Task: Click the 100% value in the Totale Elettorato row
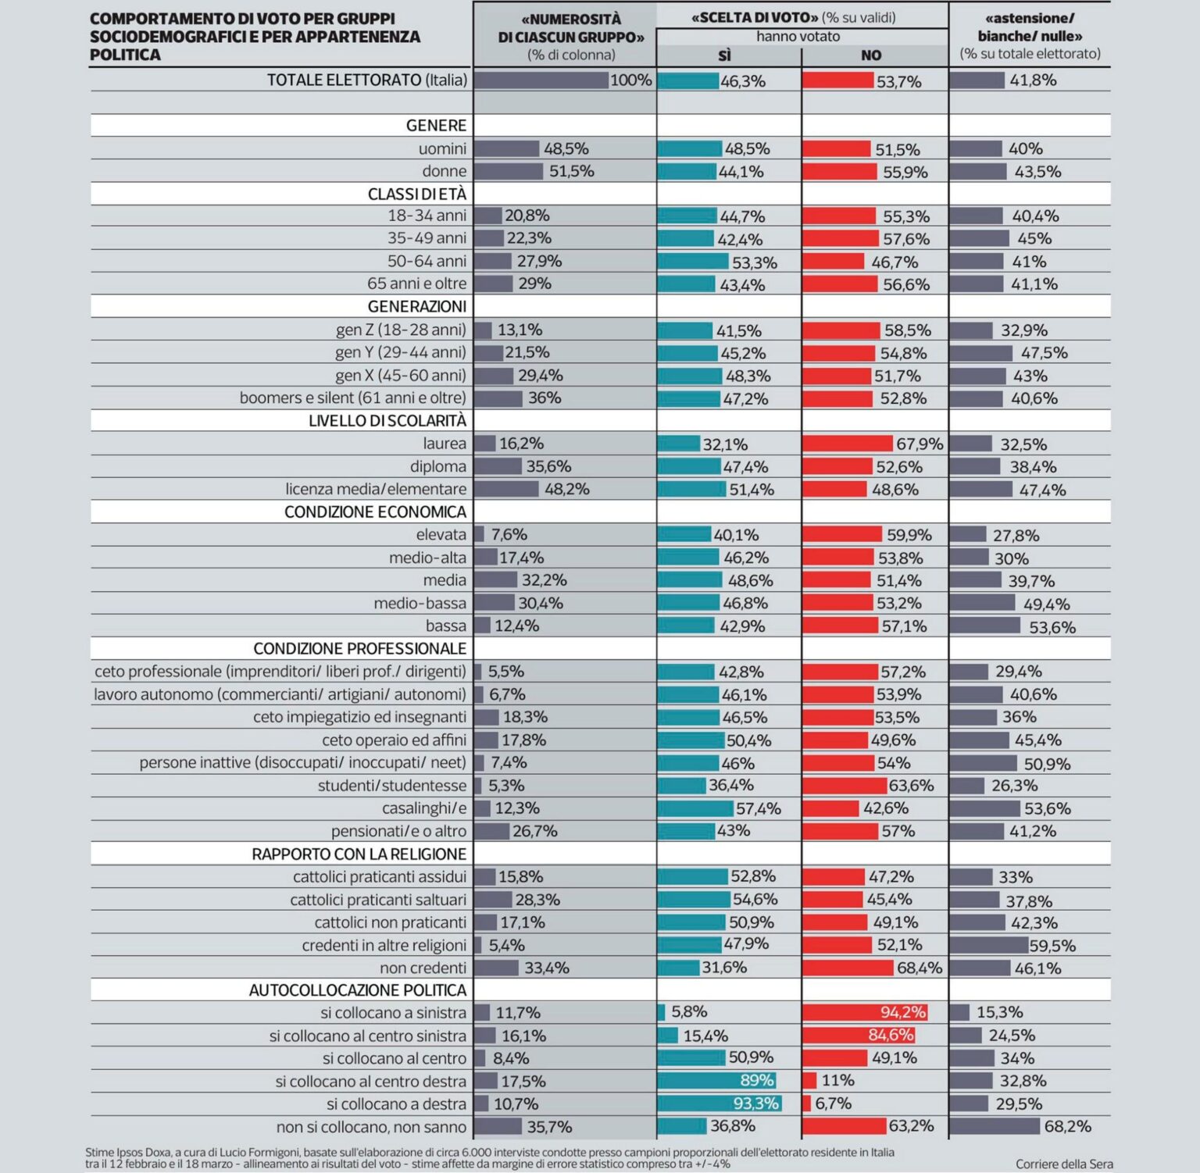tap(630, 80)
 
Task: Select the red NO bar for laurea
tap(847, 444)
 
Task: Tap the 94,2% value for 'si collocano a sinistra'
tap(902, 1013)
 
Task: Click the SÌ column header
tap(725, 55)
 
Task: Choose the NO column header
tap(871, 55)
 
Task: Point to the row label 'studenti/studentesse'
tap(391, 786)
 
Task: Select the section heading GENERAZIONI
tap(416, 307)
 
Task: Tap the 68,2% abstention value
tap(1067, 1126)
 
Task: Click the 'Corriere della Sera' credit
tap(1064, 1164)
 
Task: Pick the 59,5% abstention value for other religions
tap(1052, 946)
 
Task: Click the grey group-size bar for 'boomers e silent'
tap(498, 398)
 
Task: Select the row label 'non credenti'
tap(423, 968)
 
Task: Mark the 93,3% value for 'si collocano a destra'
tap(755, 1103)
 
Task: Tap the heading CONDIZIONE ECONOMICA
tap(375, 512)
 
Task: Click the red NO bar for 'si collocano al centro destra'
tap(809, 1081)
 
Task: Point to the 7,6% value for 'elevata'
tap(509, 535)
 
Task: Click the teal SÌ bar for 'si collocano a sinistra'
tap(661, 1013)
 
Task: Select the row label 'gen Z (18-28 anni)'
tap(401, 330)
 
